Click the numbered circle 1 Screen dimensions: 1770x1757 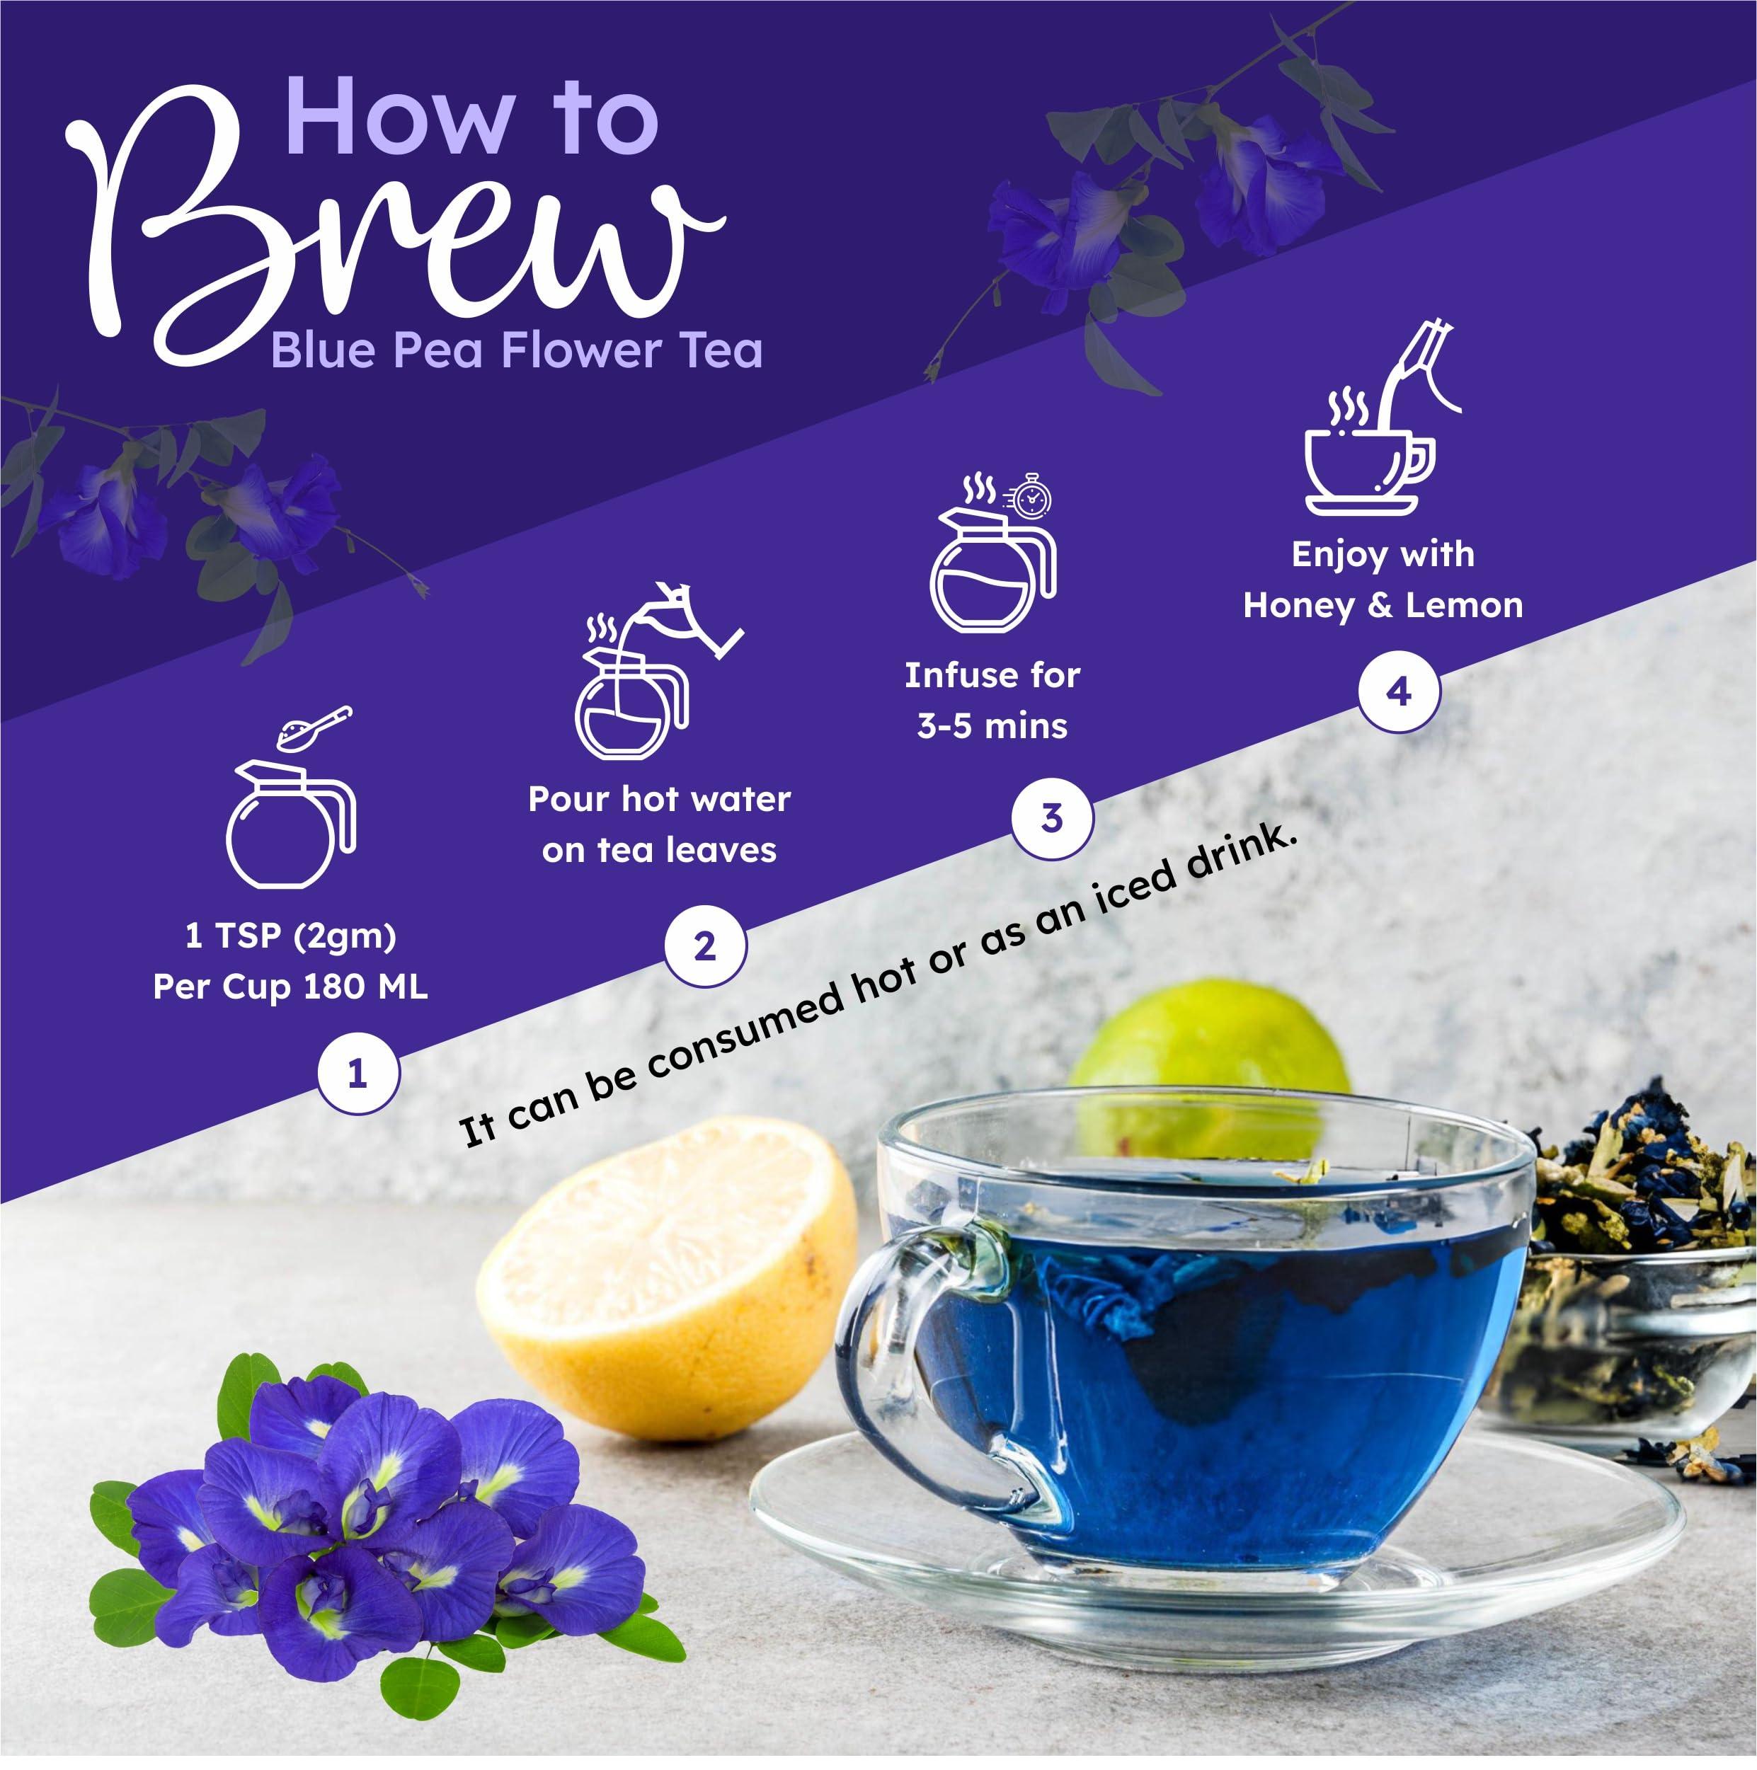tap(357, 1074)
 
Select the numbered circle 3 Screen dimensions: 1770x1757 tap(1051, 818)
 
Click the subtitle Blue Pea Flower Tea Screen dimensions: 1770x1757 tap(516, 352)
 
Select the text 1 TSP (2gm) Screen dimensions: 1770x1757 tap(290, 936)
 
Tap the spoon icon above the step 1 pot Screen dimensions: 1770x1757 tap(316, 728)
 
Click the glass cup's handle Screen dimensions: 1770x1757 tap(917, 1365)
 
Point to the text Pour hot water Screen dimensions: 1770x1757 tap(659, 800)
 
